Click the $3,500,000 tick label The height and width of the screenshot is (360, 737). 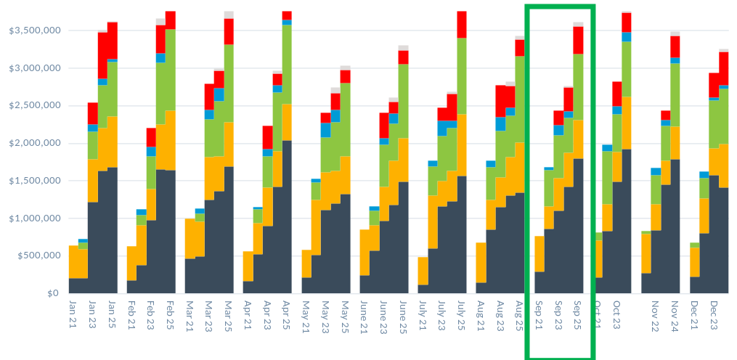pyautogui.click(x=30, y=30)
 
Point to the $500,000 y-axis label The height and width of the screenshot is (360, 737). pyautogui.click(x=33, y=255)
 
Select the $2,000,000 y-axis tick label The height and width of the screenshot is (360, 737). pyautogui.click(x=30, y=143)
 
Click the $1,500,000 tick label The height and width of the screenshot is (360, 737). pyautogui.click(x=30, y=181)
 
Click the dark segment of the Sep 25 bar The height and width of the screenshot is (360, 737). pyautogui.click(x=579, y=226)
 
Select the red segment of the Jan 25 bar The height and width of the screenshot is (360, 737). pyautogui.click(x=113, y=41)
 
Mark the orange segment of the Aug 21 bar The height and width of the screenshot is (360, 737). pyautogui.click(x=481, y=262)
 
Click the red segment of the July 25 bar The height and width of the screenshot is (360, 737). pyautogui.click(x=462, y=24)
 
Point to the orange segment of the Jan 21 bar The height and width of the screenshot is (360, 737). pyautogui.click(x=73, y=261)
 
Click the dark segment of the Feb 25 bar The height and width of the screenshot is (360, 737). pyautogui.click(x=171, y=232)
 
